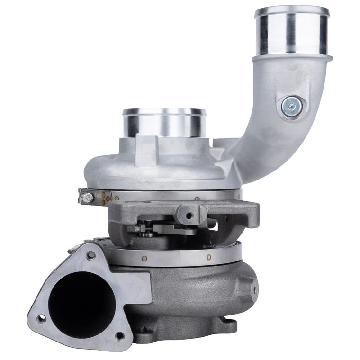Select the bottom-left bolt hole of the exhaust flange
[41, 319]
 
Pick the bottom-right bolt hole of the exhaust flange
[119, 336]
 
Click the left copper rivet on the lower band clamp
[144, 258]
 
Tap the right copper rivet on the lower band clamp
[208, 257]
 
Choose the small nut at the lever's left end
[138, 229]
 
